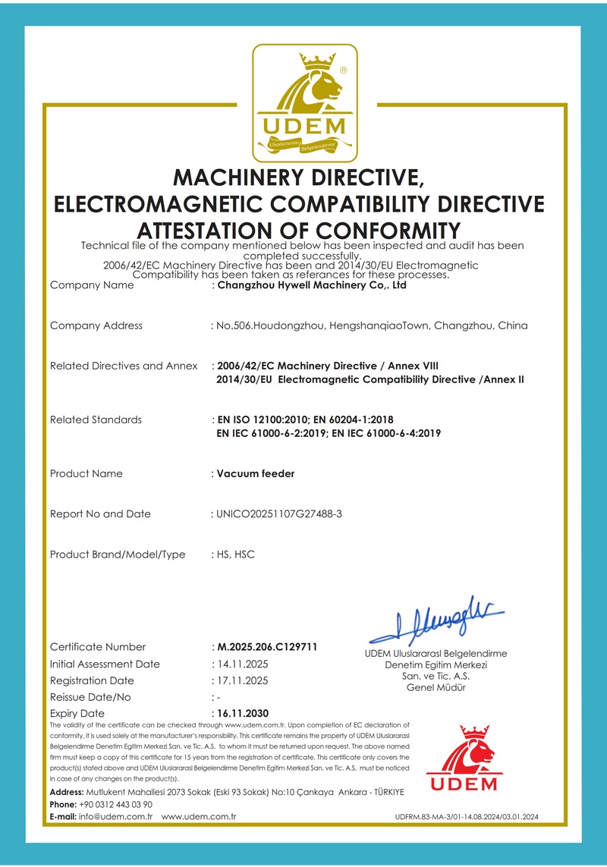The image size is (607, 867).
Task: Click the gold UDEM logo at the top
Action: pyautogui.click(x=303, y=102)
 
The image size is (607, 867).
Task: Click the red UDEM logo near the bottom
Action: pyautogui.click(x=461, y=759)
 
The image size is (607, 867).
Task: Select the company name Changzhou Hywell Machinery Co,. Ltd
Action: pyautogui.click(x=312, y=286)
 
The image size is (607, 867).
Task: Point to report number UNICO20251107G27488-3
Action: pyautogui.click(x=280, y=514)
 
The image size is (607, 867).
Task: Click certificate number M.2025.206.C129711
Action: pyautogui.click(x=267, y=647)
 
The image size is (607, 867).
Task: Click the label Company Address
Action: pyautogui.click(x=96, y=325)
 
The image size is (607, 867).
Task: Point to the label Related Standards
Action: pyautogui.click(x=96, y=419)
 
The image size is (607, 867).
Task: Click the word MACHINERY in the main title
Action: pyautogui.click(x=242, y=177)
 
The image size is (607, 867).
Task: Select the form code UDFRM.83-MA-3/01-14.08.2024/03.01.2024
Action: pyautogui.click(x=467, y=817)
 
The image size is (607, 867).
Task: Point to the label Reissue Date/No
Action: pyautogui.click(x=90, y=697)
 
